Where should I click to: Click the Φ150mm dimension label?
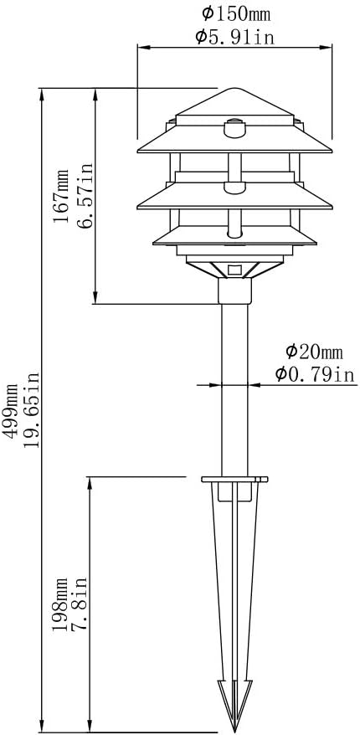click(x=235, y=13)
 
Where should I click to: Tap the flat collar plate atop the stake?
click(x=235, y=480)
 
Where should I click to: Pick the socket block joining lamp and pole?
click(x=235, y=290)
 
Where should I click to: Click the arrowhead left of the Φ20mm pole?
click(x=216, y=385)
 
